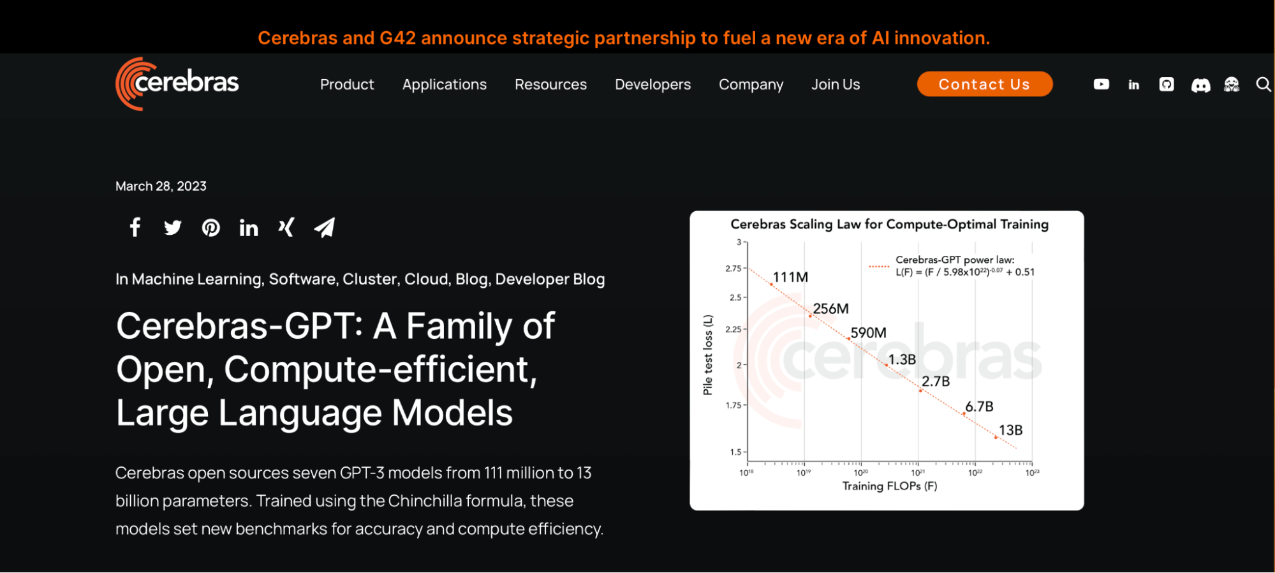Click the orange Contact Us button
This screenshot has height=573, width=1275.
[984, 84]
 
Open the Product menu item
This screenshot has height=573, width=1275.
[347, 84]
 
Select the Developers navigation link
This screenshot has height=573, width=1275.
[652, 84]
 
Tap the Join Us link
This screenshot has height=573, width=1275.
[836, 84]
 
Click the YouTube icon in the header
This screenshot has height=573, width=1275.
[1102, 84]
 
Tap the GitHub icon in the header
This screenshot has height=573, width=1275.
[1167, 84]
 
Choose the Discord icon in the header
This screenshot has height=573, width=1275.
[1200, 85]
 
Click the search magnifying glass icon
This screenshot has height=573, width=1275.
[1264, 84]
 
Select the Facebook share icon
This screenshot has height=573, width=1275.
[135, 227]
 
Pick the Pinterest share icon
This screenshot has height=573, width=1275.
[210, 228]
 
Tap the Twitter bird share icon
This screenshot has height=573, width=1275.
[172, 228]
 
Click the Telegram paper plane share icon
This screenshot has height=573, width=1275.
[325, 227]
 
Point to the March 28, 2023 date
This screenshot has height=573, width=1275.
[161, 186]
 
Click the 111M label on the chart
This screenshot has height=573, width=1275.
[790, 277]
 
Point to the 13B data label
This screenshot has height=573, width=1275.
[1010, 430]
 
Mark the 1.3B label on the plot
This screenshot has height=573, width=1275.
[902, 360]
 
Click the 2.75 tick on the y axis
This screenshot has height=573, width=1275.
[733, 269]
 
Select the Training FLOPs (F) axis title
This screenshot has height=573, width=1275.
[890, 486]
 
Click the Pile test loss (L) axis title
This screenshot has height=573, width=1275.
[707, 355]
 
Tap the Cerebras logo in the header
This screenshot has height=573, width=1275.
[177, 84]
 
